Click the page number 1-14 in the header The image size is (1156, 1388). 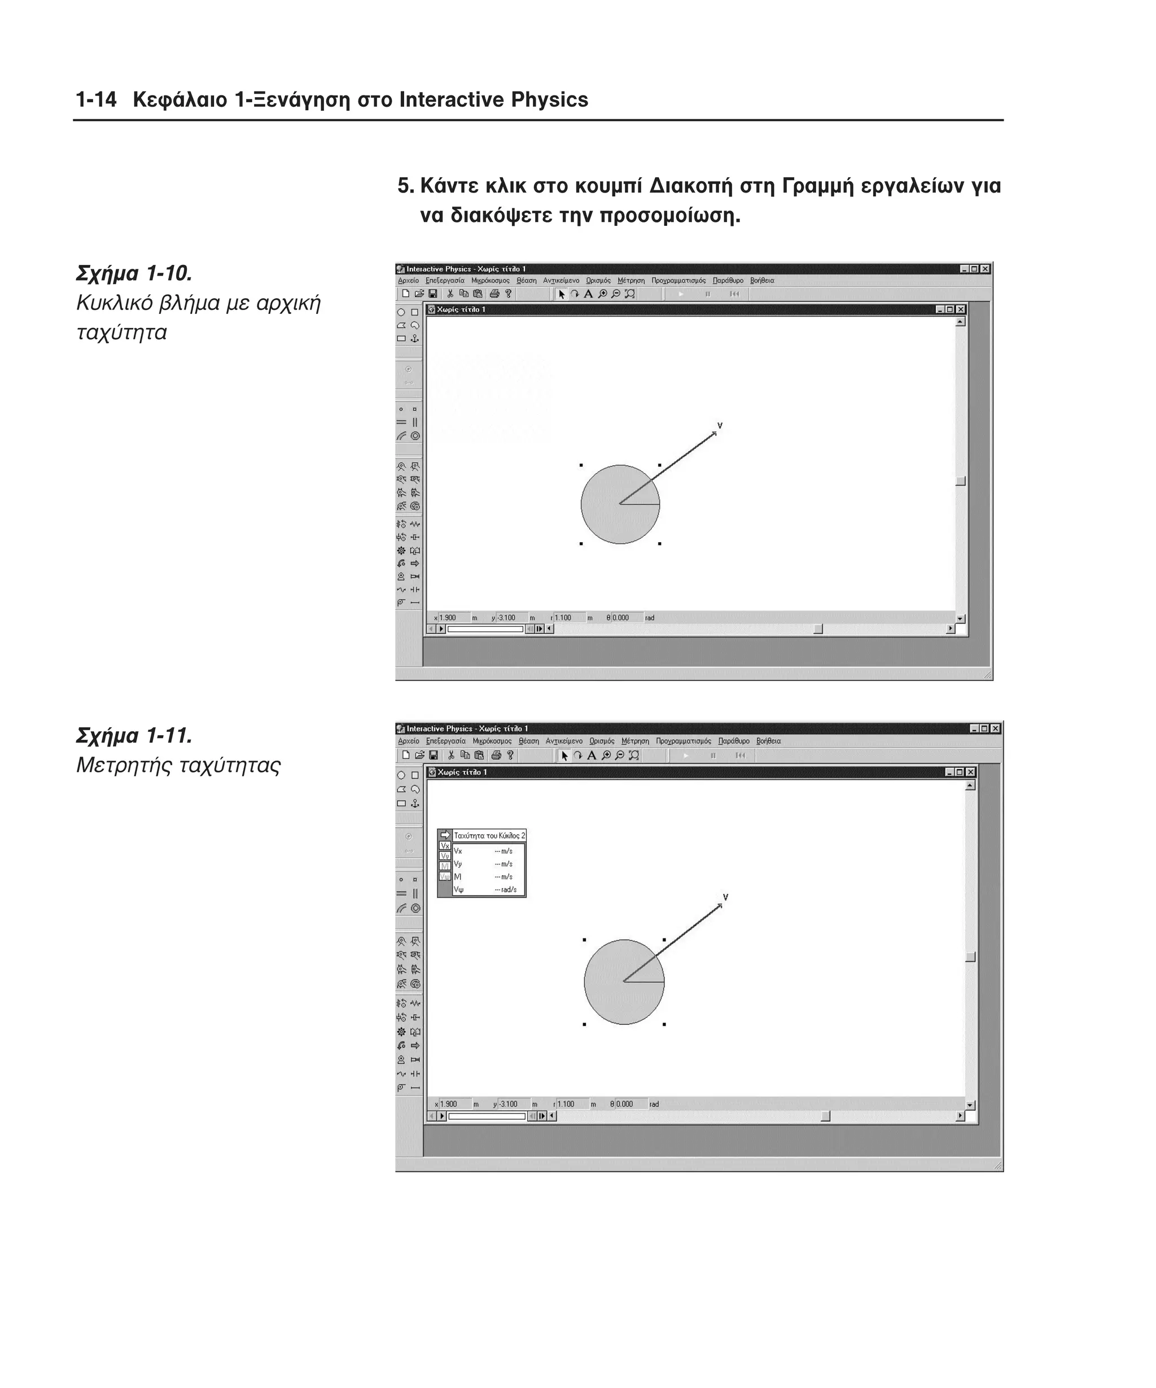click(x=97, y=100)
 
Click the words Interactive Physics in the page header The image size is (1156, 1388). click(x=493, y=100)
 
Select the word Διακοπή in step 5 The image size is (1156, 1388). click(x=691, y=186)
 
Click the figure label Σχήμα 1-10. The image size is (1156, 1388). click(x=134, y=273)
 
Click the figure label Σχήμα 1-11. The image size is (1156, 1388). click(x=134, y=736)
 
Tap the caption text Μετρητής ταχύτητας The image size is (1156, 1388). click(x=178, y=765)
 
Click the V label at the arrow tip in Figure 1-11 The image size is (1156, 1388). click(x=725, y=897)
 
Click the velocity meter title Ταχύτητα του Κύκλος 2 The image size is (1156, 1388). click(x=489, y=835)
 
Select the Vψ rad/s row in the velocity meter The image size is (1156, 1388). click(x=485, y=889)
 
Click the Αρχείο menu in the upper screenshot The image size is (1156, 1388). click(x=408, y=280)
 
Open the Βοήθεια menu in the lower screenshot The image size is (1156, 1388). click(x=768, y=741)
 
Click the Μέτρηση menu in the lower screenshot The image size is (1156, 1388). click(x=635, y=741)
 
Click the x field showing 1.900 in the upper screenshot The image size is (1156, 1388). click(x=453, y=618)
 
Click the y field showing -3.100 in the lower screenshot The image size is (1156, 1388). click(x=512, y=1104)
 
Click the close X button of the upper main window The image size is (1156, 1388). click(x=985, y=269)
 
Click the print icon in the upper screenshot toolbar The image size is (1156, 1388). click(x=494, y=294)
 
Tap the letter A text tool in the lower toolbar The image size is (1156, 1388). click(x=591, y=756)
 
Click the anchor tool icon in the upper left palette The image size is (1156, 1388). click(x=415, y=338)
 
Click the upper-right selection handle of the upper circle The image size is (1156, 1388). click(x=659, y=465)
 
